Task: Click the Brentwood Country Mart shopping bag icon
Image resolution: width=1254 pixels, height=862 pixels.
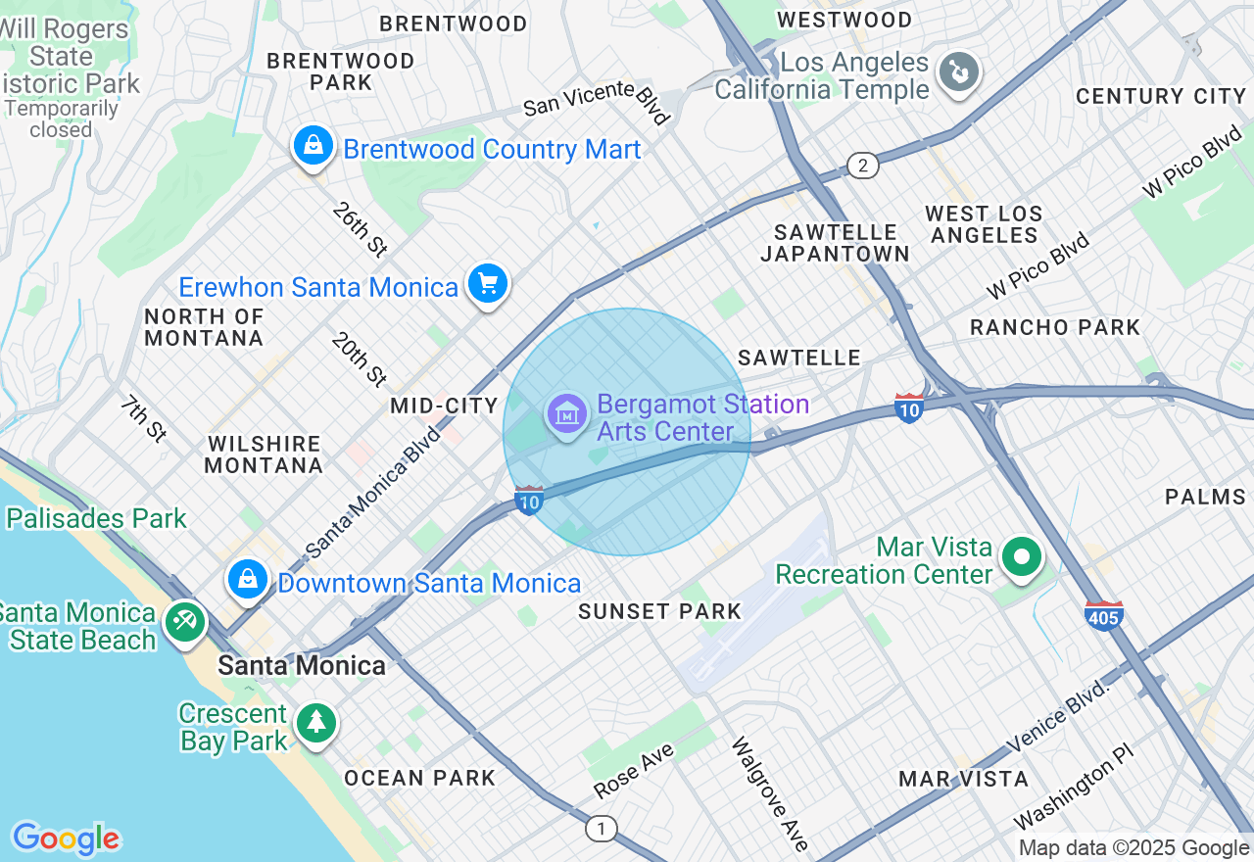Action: tap(313, 147)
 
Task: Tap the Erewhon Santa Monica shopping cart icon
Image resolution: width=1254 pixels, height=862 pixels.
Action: tap(487, 284)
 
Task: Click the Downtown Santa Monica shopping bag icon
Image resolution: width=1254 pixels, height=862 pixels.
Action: tap(249, 579)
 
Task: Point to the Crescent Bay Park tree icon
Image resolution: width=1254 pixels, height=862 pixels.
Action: tap(315, 723)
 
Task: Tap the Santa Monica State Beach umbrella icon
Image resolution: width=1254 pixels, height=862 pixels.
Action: tap(183, 622)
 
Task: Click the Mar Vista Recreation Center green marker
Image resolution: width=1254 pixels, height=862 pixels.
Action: tap(1022, 557)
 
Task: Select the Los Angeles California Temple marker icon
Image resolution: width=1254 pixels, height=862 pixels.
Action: tap(958, 72)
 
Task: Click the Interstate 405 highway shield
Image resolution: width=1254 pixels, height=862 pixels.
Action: tap(1103, 616)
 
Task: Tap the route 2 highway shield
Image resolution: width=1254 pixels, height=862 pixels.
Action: tap(862, 165)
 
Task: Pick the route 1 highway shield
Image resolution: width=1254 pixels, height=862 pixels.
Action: tap(602, 829)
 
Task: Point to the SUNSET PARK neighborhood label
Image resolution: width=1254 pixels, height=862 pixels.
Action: tap(659, 612)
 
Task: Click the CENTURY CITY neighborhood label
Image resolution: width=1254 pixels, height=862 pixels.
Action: tap(1160, 96)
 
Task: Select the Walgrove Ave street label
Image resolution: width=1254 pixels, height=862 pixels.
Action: tap(769, 793)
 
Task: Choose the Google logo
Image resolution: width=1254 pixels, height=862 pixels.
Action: tap(66, 838)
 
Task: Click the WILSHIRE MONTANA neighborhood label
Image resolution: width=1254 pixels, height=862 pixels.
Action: tap(264, 455)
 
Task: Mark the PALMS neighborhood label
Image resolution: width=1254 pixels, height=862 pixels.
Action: tap(1205, 497)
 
